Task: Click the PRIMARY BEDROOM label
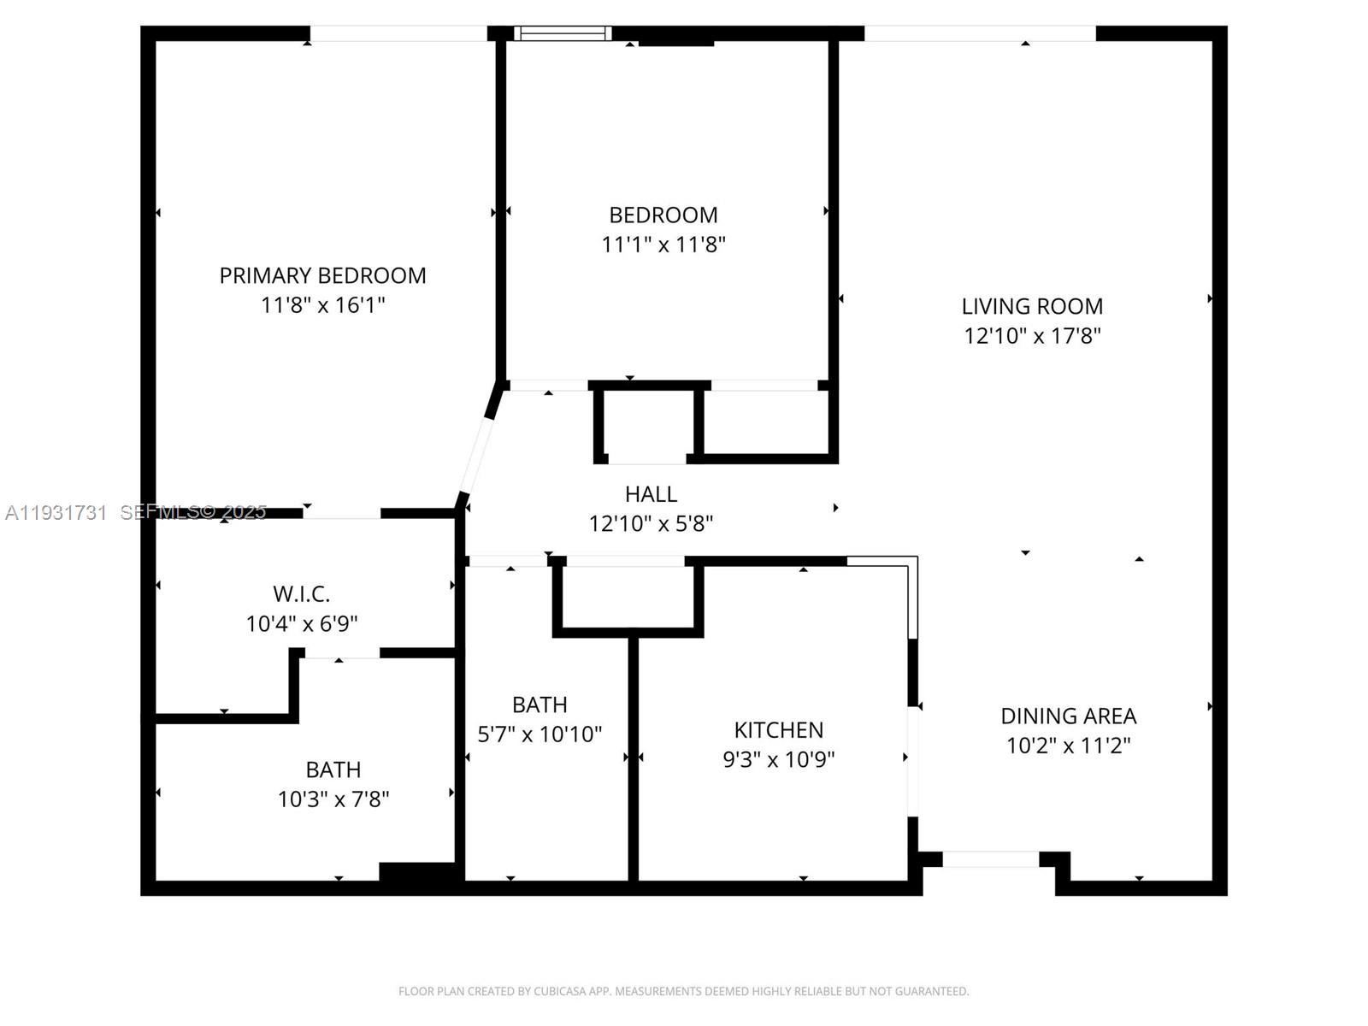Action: [322, 275]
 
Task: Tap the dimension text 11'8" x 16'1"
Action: [322, 304]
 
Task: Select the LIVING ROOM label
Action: [1032, 306]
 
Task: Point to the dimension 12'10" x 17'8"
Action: [1032, 335]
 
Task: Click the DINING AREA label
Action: [1068, 716]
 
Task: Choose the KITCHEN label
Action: [778, 729]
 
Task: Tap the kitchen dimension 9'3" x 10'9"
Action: [778, 759]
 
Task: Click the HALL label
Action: [651, 493]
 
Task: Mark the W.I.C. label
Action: [301, 593]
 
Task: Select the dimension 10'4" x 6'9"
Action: [301, 623]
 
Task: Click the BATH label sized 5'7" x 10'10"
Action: [540, 705]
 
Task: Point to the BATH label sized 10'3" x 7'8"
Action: [333, 769]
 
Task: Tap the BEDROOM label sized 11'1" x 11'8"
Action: [663, 215]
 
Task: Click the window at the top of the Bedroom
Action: [563, 33]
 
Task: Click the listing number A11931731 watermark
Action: [56, 512]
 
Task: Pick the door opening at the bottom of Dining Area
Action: [990, 858]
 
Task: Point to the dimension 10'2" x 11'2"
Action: [1068, 746]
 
